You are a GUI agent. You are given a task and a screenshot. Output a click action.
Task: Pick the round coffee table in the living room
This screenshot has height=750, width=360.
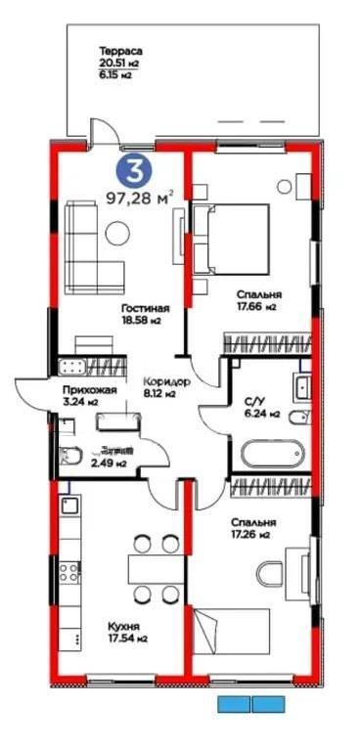(117, 232)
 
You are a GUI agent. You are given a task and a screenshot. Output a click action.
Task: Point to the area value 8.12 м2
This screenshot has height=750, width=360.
(157, 395)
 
